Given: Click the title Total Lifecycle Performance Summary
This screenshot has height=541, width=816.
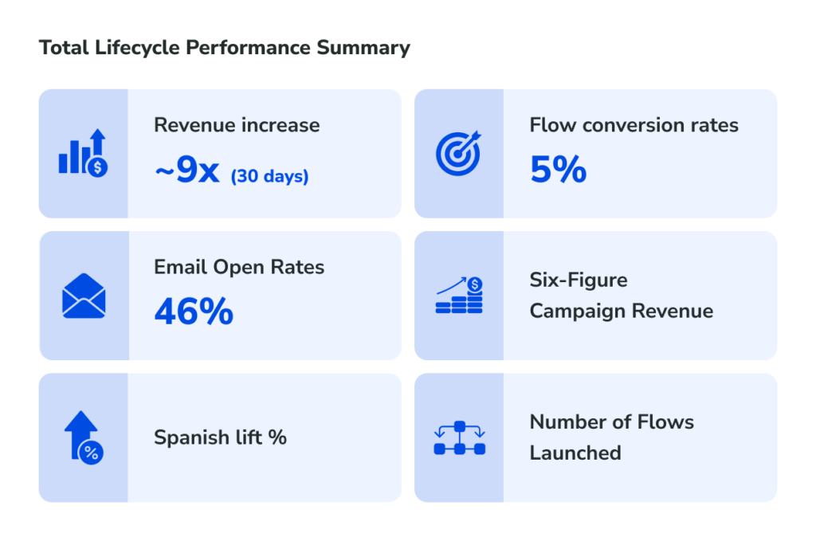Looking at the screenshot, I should coord(224,48).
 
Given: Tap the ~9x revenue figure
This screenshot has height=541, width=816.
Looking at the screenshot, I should coord(186,171).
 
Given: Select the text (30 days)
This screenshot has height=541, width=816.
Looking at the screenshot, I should coord(269,176).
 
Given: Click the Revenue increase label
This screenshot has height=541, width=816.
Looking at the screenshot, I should coord(237,125).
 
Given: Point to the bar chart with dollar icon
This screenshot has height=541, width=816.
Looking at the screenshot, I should coord(83,154).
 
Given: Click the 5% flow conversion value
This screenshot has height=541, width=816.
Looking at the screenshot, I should coord(558,170).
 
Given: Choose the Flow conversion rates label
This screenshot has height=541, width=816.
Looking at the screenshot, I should coord(634,125).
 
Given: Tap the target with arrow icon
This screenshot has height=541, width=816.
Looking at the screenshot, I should coord(458,152).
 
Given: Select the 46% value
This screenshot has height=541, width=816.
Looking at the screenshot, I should coord(194,312).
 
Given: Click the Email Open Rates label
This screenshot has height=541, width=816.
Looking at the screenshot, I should coord(239,267).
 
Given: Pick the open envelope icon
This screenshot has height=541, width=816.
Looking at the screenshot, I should coord(84,296).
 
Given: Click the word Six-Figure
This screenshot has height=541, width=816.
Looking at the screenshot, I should coord(579,280).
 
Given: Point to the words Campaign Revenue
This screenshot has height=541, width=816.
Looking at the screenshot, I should coord(621,311).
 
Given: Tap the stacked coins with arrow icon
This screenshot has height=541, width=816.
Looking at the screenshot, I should coord(459,296).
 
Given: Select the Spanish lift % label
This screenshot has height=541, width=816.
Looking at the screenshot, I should coord(220,437).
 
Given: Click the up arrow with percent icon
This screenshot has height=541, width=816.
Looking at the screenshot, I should coord(84,437).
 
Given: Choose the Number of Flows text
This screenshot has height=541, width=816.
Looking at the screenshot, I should coord(611,421).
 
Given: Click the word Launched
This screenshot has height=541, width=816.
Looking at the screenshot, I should coord(575,453).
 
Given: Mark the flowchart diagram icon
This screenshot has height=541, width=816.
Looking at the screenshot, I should coord(459,438).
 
